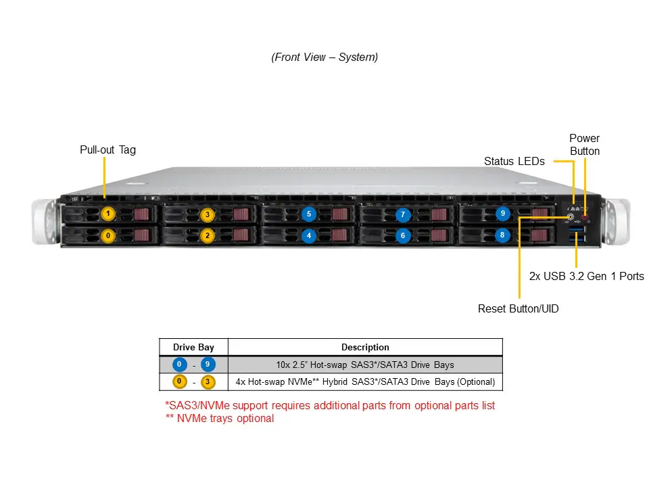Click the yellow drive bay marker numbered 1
(108, 214)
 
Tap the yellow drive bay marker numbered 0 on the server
(108, 236)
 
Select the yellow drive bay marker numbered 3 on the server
(208, 214)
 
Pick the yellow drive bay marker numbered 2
(208, 236)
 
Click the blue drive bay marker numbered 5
(308, 214)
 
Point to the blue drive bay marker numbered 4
(308, 236)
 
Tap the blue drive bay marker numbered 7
(403, 214)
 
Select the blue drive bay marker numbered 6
(403, 235)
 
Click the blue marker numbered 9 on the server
(502, 213)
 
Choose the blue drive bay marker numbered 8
(502, 235)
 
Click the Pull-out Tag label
(107, 149)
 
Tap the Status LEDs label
(514, 161)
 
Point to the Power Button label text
(584, 145)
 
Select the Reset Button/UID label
(518, 309)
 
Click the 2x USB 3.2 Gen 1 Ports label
(586, 276)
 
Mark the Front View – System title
(324, 57)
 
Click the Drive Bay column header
(193, 347)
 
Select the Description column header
(365, 347)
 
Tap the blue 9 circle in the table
(208, 365)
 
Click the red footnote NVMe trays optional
(220, 419)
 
